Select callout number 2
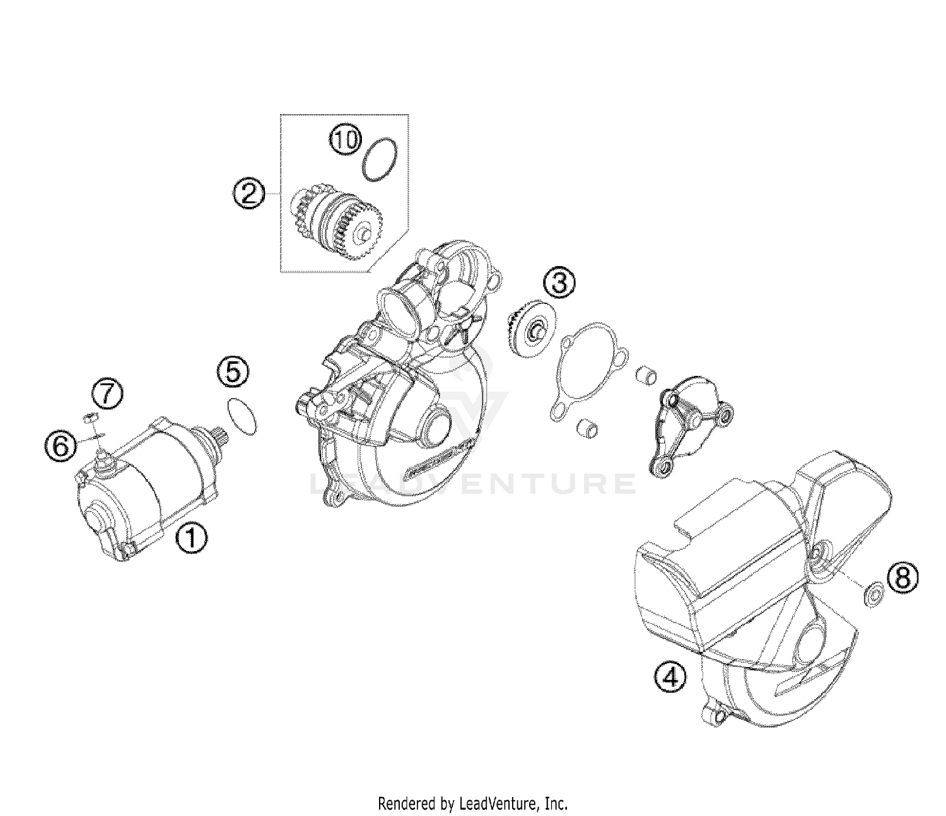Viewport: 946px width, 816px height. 248,192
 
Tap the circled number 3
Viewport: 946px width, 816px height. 560,283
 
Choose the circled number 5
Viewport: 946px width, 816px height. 233,373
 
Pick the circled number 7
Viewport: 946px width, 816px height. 106,395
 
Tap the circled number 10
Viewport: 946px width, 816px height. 345,139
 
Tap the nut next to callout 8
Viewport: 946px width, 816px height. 873,593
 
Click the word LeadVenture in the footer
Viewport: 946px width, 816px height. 498,803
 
